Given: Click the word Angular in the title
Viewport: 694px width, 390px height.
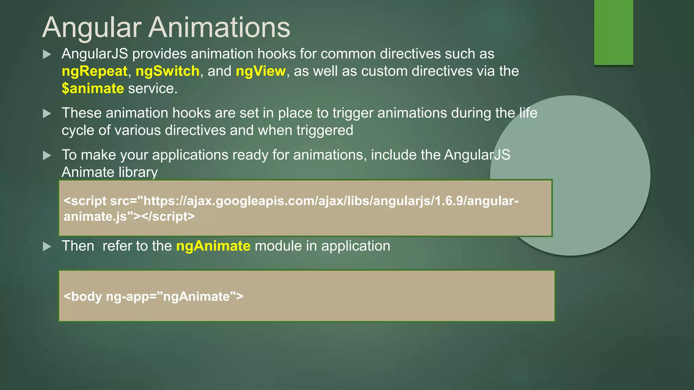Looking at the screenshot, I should click(x=92, y=28).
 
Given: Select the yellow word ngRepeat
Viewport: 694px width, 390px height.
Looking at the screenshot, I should click(x=94, y=71).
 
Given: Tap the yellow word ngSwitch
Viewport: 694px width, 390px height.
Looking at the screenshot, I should click(x=167, y=71).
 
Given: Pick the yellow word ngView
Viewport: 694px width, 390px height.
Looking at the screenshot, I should click(x=261, y=71).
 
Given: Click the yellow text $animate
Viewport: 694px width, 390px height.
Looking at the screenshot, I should click(x=93, y=88).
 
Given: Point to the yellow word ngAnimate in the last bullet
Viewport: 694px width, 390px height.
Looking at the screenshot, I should click(x=213, y=246).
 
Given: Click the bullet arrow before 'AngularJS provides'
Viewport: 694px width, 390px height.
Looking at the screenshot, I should click(x=47, y=54).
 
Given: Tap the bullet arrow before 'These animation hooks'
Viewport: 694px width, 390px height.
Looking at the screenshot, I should click(x=47, y=113).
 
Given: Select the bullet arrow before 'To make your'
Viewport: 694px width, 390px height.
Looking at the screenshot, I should click(x=47, y=155).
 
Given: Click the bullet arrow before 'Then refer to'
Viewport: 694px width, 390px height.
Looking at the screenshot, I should click(x=47, y=246).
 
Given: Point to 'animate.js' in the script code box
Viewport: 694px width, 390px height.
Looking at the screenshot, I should click(x=95, y=217).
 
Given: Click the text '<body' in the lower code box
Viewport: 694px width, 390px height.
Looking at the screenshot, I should click(x=83, y=297).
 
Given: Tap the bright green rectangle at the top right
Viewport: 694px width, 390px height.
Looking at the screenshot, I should click(x=613, y=32).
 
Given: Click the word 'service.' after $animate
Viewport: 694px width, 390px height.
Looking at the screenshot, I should click(x=152, y=88).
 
